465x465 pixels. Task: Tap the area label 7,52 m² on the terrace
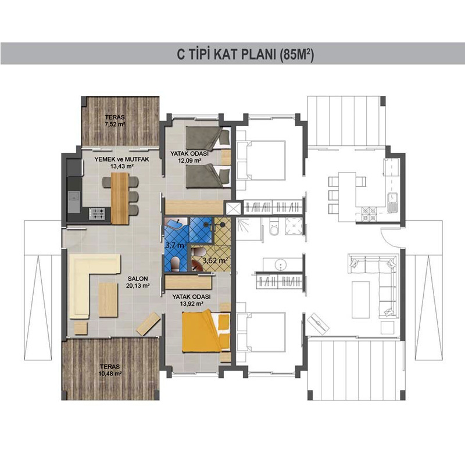point(115,124)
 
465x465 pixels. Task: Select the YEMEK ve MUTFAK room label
point(121,159)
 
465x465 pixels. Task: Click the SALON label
point(138,278)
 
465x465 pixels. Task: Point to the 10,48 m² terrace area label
point(110,374)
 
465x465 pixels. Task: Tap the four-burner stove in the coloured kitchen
point(97,213)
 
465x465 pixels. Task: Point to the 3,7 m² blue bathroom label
point(176,245)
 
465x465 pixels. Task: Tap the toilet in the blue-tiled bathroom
point(176,264)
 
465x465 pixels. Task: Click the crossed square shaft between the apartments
point(234,208)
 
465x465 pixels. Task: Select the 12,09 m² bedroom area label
point(189,160)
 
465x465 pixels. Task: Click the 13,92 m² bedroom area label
point(192,303)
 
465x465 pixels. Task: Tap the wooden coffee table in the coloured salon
point(108,300)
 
